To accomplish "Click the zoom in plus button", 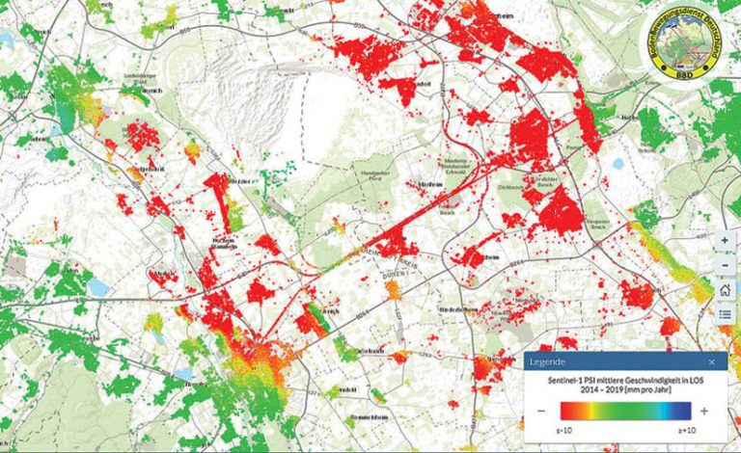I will (725, 241).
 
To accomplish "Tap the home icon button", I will (725, 289).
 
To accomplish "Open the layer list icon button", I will (725, 313).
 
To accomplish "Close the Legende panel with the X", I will (712, 361).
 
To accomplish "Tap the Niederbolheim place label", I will (453, 311).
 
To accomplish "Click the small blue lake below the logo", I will (617, 164).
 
